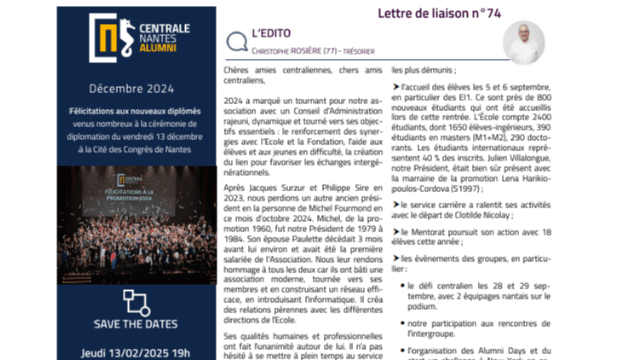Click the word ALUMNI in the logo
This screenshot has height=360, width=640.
coord(154,46)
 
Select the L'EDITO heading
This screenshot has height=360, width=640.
coord(272,31)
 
